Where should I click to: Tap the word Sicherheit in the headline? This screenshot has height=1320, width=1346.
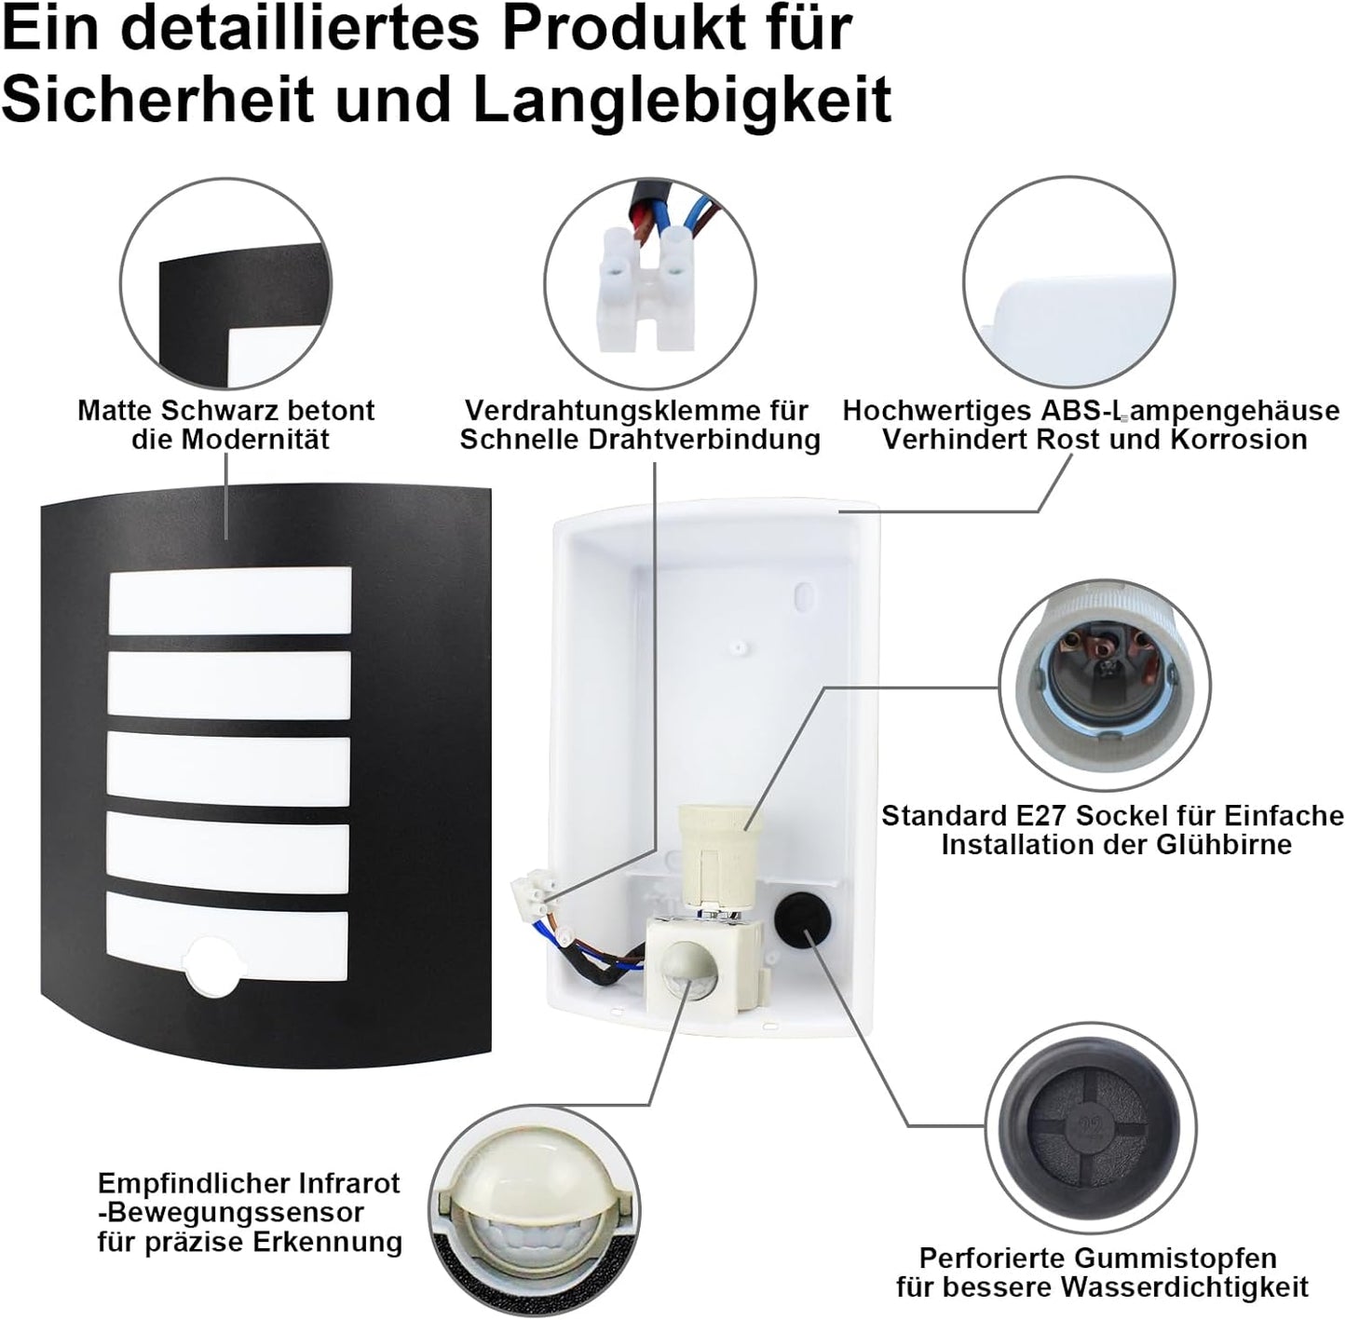point(158,99)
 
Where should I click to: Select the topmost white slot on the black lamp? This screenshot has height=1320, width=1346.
point(230,601)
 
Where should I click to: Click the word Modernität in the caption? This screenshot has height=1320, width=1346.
point(254,441)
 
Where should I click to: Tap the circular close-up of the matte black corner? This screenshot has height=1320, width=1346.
point(225,284)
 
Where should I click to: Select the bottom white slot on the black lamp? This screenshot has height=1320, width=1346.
point(227,945)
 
